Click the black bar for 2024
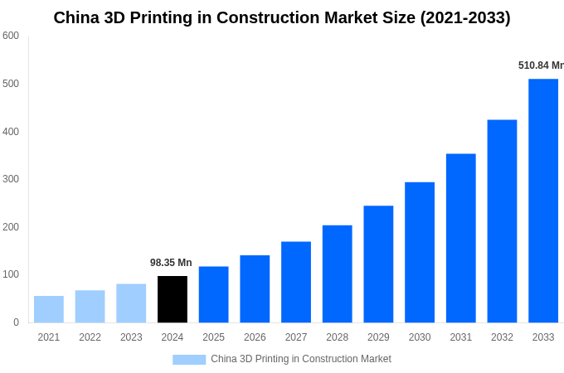click(173, 299)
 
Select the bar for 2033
click(543, 201)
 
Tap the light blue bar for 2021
click(49, 309)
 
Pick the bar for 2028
click(337, 274)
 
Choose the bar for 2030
click(420, 252)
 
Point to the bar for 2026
click(255, 288)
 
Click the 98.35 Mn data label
click(171, 263)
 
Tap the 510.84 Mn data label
click(540, 65)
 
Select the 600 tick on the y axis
click(11, 36)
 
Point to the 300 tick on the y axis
click(11, 179)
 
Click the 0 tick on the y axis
click(16, 322)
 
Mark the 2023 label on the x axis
click(131, 337)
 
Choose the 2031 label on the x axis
click(460, 337)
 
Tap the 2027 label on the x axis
click(296, 337)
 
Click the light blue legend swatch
click(189, 360)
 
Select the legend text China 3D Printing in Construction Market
click(300, 359)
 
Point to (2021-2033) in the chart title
click(464, 17)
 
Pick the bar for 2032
click(502, 221)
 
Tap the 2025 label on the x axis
click(213, 337)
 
